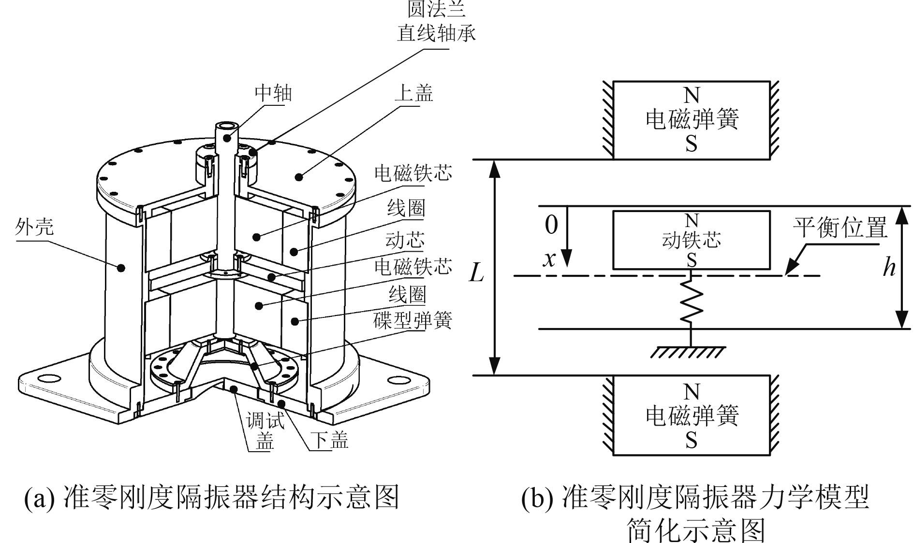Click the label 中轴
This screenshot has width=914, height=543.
tap(274, 93)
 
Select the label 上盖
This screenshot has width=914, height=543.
tap(413, 93)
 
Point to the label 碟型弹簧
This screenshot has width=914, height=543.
tap(413, 320)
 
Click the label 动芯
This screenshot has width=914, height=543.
tap(405, 240)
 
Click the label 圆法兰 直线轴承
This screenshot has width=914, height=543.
tap(436, 22)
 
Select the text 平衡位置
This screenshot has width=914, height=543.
tap(840, 227)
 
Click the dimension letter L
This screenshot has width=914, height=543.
tap(476, 274)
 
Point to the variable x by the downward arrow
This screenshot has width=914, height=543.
tap(549, 260)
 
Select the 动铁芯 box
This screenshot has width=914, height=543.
tap(691, 240)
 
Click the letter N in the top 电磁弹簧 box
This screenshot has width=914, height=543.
tap(691, 96)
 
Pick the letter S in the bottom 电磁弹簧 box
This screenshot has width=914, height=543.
tap(691, 440)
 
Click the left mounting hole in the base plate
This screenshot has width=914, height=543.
tap(50, 377)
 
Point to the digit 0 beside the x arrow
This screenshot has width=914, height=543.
tap(551, 224)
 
